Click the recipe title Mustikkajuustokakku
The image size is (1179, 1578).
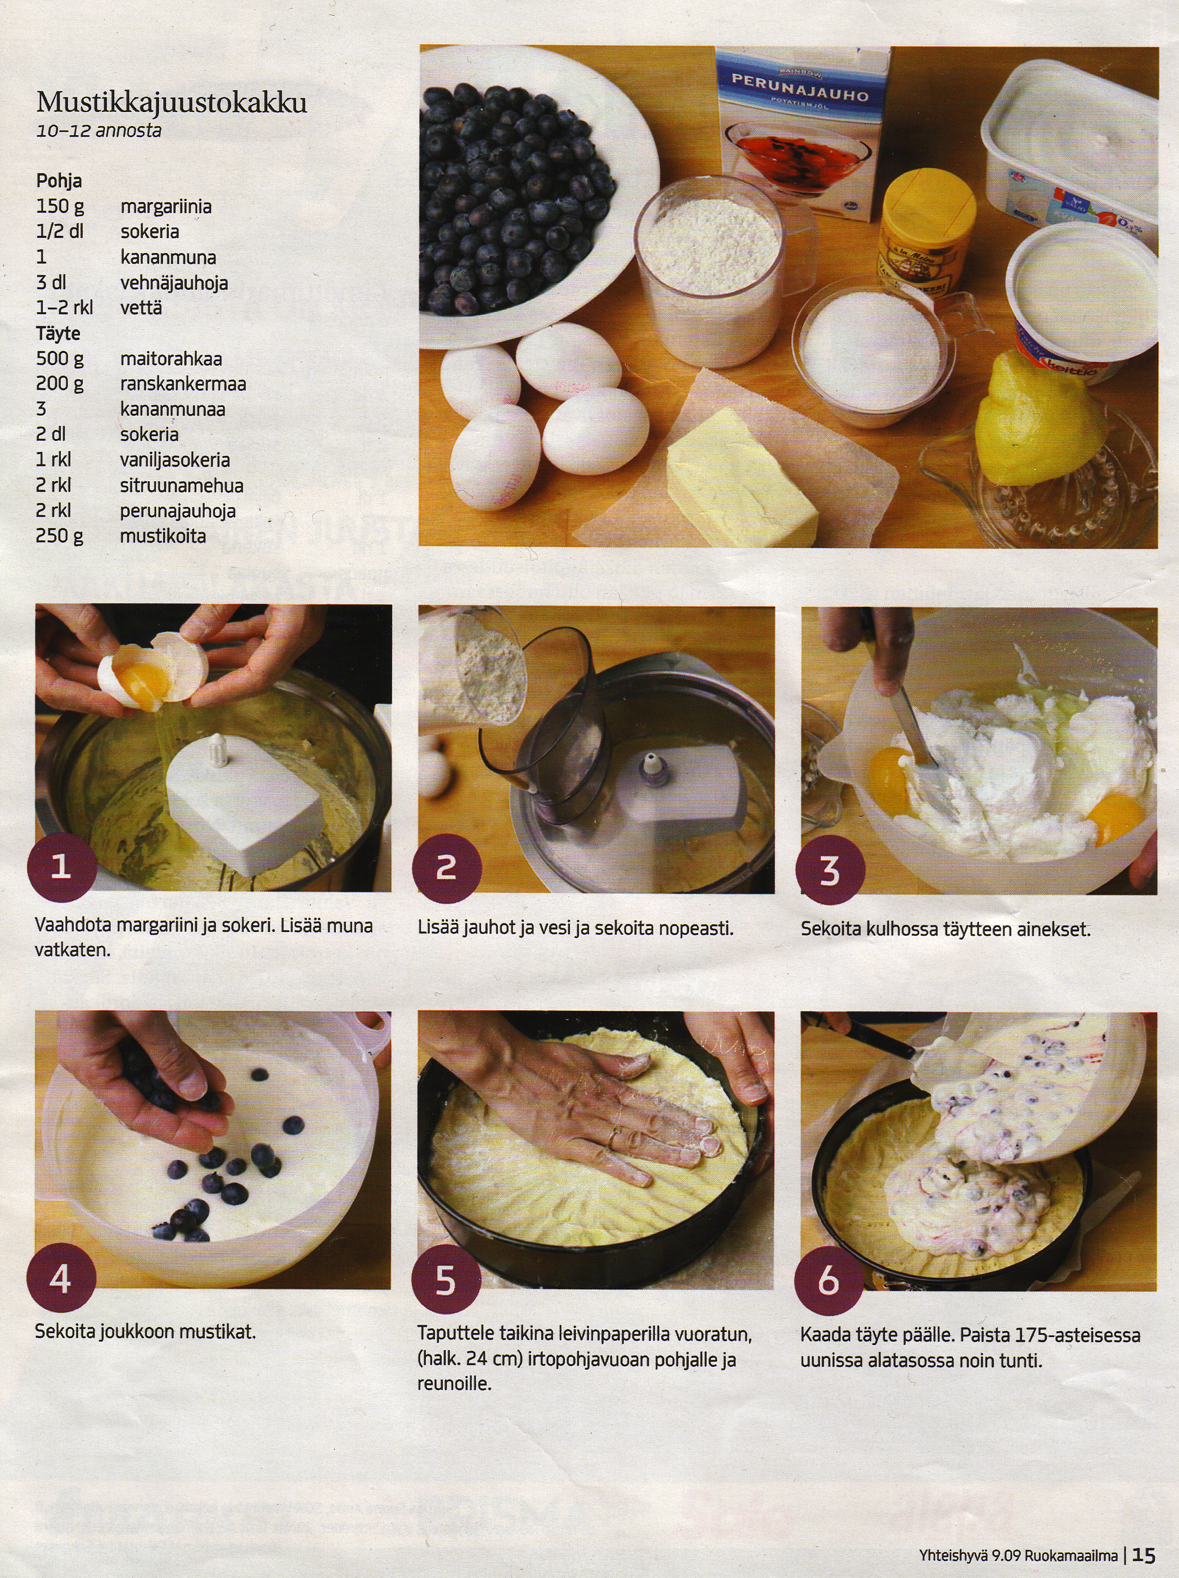(x=172, y=103)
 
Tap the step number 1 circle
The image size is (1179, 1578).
(x=61, y=867)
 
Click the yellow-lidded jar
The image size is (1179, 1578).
(x=926, y=232)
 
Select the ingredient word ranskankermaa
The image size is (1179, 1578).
(x=183, y=384)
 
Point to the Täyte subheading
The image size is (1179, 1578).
(x=58, y=333)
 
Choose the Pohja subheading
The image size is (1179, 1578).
(x=58, y=181)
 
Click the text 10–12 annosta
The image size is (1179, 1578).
(x=99, y=131)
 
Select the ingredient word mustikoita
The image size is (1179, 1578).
(x=163, y=536)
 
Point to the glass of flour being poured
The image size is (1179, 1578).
(x=474, y=664)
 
